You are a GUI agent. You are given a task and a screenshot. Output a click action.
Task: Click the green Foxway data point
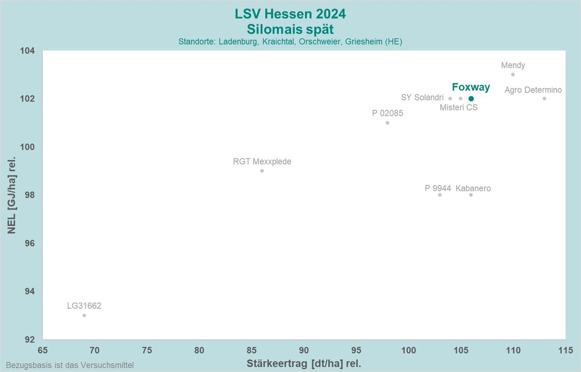click(x=471, y=98)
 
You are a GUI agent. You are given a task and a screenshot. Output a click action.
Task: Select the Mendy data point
click(x=513, y=74)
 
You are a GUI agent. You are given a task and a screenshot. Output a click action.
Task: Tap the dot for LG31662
click(x=84, y=315)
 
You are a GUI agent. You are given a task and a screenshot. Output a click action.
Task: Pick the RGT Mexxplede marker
click(x=262, y=171)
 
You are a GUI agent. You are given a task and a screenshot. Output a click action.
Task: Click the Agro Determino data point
click(x=544, y=98)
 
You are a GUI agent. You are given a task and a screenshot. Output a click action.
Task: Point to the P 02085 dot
click(x=387, y=123)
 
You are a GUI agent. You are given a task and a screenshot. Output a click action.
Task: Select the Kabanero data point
click(x=471, y=195)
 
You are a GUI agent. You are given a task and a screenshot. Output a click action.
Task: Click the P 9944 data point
click(x=440, y=195)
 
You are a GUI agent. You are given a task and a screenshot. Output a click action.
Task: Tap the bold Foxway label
click(x=471, y=87)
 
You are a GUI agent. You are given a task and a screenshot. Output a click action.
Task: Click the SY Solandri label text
click(x=422, y=97)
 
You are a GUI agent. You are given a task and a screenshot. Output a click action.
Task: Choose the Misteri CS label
click(x=459, y=108)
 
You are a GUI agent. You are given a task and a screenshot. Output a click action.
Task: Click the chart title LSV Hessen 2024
click(x=290, y=13)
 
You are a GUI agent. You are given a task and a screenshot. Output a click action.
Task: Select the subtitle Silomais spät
click(x=290, y=29)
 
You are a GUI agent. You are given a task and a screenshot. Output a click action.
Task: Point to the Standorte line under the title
click(x=290, y=42)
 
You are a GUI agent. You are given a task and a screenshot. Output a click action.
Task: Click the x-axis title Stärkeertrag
click(x=304, y=364)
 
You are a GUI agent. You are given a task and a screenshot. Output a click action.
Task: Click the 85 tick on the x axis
click(x=252, y=351)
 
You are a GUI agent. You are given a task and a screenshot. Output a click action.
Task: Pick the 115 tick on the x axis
click(x=565, y=351)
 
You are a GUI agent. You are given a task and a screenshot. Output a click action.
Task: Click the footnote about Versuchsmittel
click(x=70, y=365)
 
